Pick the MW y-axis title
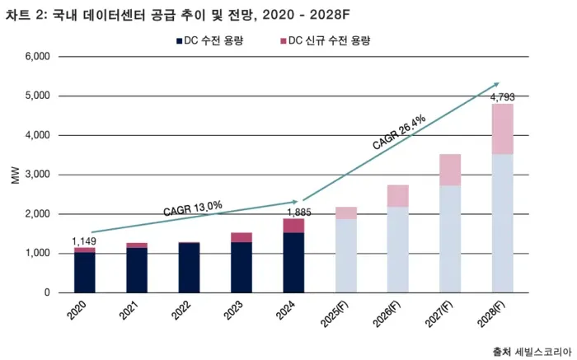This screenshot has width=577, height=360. [15, 175]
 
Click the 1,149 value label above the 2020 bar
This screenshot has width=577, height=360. [84, 241]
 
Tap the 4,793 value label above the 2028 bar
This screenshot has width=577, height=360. [503, 97]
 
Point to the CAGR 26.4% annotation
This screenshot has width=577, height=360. [398, 133]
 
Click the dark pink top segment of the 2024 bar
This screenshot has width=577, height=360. [293, 226]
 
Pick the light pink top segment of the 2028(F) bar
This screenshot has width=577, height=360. [503, 129]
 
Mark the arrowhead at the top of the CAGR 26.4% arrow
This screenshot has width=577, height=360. [497, 83]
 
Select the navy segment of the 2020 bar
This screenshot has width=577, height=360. [84, 272]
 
